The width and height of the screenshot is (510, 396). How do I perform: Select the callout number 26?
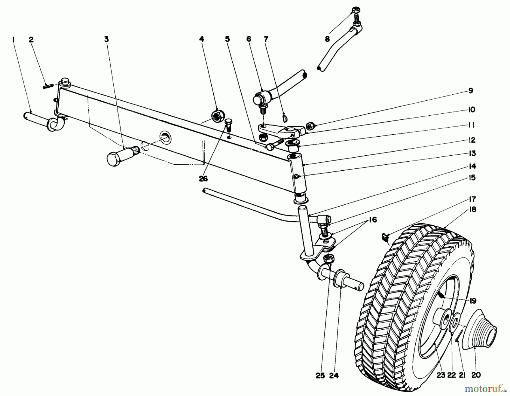point(203,179)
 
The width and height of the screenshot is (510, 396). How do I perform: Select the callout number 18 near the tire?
point(473,210)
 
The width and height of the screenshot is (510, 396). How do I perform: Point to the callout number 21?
point(462,375)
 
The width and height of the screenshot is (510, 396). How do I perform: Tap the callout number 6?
point(249,39)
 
